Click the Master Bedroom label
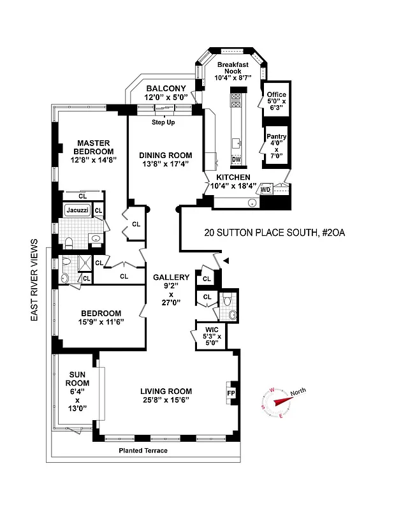pyautogui.click(x=94, y=147)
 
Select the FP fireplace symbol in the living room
pyautogui.click(x=230, y=393)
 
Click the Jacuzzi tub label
pyautogui.click(x=76, y=210)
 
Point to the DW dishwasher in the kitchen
pyautogui.click(x=236, y=159)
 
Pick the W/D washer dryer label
pyautogui.click(x=266, y=189)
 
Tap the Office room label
pyautogui.click(x=277, y=95)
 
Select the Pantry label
pyautogui.click(x=277, y=136)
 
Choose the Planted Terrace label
pyautogui.click(x=143, y=451)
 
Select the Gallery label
pyautogui.click(x=171, y=277)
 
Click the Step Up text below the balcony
pyautogui.click(x=164, y=122)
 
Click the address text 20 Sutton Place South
pyautogui.click(x=259, y=233)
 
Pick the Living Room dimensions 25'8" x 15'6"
pyautogui.click(x=166, y=400)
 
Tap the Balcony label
pyautogui.click(x=166, y=89)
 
